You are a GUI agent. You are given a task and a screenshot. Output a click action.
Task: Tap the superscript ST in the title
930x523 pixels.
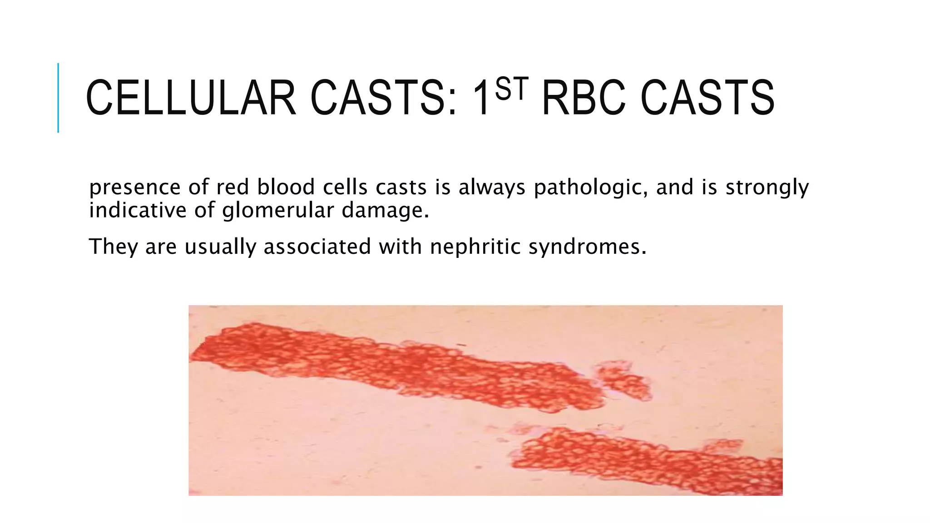point(512,89)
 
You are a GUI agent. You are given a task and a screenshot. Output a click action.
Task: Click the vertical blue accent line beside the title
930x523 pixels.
point(58,98)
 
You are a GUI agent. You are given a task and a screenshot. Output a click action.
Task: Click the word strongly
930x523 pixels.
point(767,187)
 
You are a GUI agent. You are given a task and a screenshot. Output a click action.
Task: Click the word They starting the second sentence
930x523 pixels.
point(113,247)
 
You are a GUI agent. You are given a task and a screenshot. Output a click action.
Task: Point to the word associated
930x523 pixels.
point(317,247)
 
